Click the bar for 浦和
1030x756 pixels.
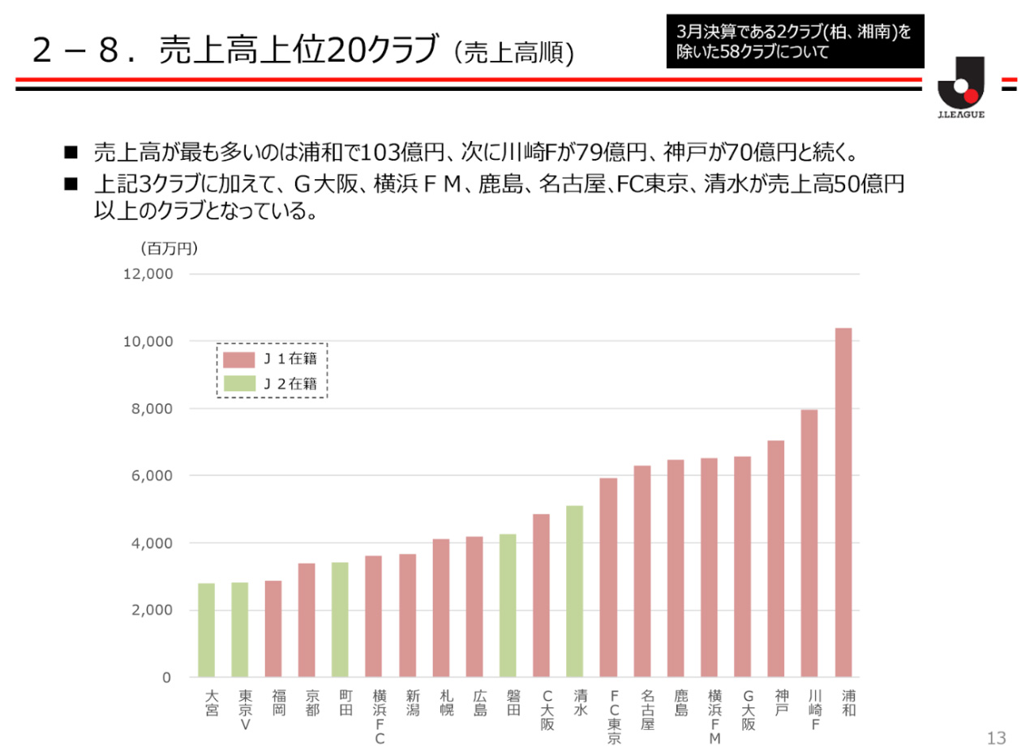click(x=843, y=502)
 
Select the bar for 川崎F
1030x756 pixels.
click(x=809, y=543)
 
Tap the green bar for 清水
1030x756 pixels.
click(x=574, y=591)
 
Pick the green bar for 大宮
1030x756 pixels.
click(x=206, y=630)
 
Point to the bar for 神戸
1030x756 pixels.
click(x=776, y=559)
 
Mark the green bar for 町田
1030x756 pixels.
click(x=340, y=620)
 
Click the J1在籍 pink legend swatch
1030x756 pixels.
click(x=238, y=359)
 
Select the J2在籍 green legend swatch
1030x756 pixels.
click(x=238, y=384)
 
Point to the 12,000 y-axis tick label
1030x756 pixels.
click(x=148, y=274)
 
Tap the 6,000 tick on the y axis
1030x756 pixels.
click(x=153, y=475)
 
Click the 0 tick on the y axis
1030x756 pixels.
click(x=167, y=677)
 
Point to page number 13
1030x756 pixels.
click(x=996, y=737)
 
